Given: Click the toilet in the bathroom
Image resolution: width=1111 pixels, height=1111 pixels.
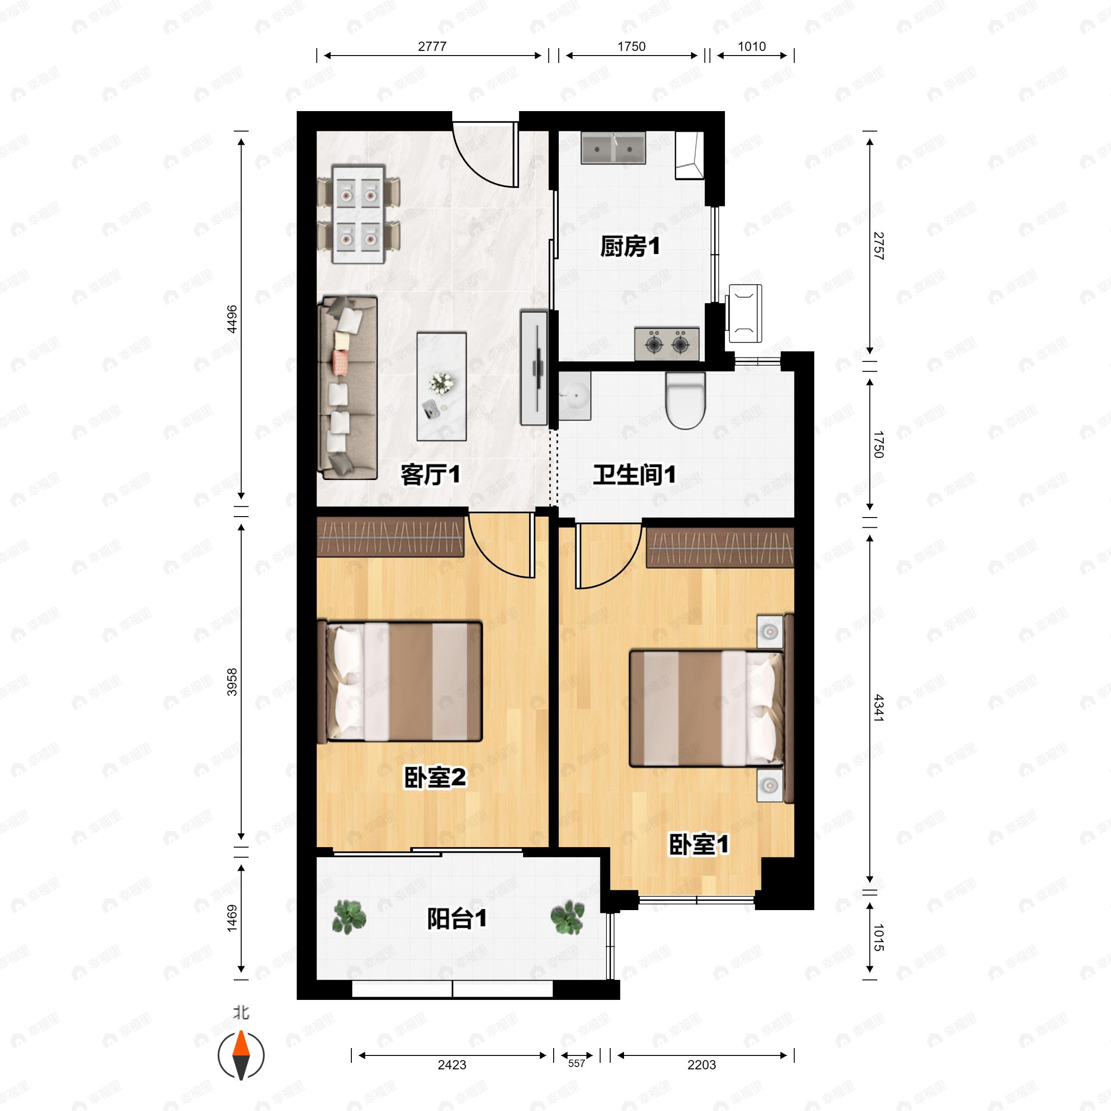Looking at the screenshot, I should pos(685,401).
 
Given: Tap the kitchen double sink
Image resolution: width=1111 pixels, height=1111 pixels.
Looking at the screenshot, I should pos(613,148).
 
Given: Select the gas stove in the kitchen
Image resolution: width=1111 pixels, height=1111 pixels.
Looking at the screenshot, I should pos(667,344).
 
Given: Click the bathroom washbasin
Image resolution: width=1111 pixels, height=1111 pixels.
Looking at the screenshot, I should pos(574,395).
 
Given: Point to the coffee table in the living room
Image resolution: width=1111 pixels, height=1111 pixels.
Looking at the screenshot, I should pos(441,387).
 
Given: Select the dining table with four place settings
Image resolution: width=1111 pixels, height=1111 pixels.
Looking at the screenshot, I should pos(358,214).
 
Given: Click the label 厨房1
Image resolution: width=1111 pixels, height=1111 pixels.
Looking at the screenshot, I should pos(630,247).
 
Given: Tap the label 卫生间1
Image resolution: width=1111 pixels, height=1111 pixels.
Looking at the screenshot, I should pos(634,475).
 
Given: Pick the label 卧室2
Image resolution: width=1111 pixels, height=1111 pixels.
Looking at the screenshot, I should pos(435,778).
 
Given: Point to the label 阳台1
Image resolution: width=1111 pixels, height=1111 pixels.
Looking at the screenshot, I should pos(456,918).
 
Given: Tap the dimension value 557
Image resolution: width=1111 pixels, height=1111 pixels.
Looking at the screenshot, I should pos(576,1063).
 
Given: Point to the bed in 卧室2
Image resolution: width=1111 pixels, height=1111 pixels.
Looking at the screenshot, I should pos(399,681).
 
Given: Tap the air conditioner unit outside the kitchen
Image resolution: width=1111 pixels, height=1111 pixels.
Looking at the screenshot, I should pos(745,313).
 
